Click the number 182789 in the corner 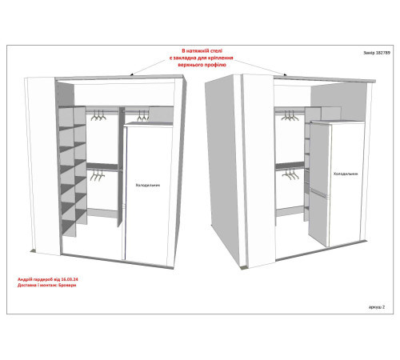[x=383, y=53]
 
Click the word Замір [x=369, y=53]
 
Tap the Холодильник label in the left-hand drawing [x=148, y=185]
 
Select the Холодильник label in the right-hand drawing [x=346, y=174]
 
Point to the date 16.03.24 [x=70, y=279]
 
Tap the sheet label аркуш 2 [x=377, y=307]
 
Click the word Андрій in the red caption [x=24, y=279]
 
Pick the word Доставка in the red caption [x=26, y=285]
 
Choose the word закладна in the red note [x=185, y=58]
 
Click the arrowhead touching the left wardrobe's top [x=132, y=74]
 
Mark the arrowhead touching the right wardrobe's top [x=285, y=74]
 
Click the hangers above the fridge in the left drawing [x=143, y=116]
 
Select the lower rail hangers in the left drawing [x=98, y=176]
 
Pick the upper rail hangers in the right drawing [x=290, y=116]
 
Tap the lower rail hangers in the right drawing [x=290, y=174]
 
